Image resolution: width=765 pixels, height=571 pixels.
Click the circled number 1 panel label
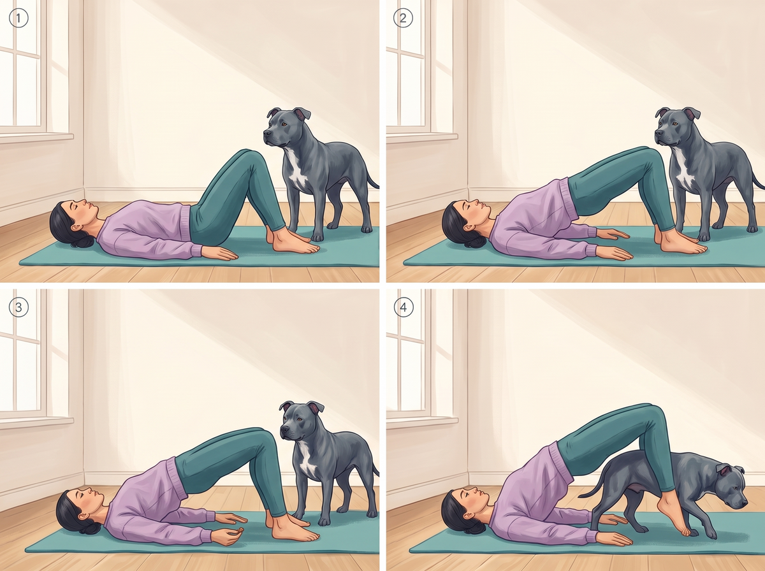[18, 18]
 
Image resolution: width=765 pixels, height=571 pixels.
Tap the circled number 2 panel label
[404, 18]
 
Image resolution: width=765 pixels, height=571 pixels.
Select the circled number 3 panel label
[18, 307]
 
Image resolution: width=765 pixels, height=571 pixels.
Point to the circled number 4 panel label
[404, 307]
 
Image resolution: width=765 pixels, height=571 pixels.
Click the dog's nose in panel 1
[267, 133]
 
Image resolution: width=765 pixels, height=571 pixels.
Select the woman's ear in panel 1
[76, 228]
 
